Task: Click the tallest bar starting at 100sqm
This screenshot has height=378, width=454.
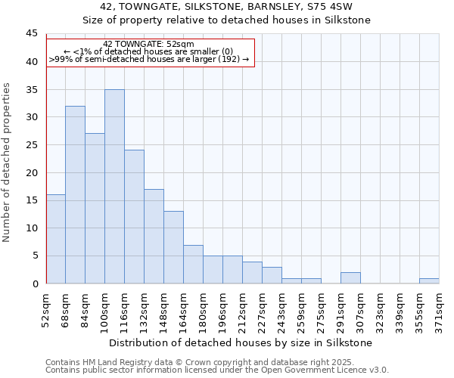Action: pyautogui.click(x=114, y=187)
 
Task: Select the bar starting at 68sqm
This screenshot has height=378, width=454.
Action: pyautogui.click(x=75, y=195)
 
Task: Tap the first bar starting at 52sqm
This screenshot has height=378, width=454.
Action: pyautogui.click(x=55, y=239)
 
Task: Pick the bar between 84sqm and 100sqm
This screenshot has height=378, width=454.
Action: pyautogui.click(x=95, y=209)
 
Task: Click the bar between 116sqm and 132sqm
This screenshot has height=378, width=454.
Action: pyautogui.click(x=134, y=217)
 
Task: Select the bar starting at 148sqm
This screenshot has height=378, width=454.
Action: pyautogui.click(x=173, y=247)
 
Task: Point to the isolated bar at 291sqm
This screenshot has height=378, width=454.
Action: pyautogui.click(x=350, y=278)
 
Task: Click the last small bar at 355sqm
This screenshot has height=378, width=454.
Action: pyautogui.click(x=429, y=281)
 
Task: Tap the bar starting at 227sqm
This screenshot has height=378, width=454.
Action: pyautogui.click(x=272, y=275)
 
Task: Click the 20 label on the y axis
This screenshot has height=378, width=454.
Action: pyautogui.click(x=32, y=172)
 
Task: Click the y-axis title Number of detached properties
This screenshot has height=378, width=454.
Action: pyautogui.click(x=8, y=163)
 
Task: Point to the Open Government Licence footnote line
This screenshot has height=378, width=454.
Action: pyautogui.click(x=217, y=370)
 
